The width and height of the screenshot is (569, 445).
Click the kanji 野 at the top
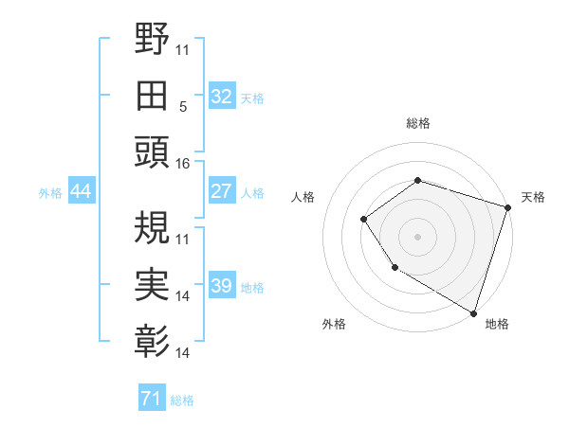153,41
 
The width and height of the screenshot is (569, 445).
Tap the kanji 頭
153,152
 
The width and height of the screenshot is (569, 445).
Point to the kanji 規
153,227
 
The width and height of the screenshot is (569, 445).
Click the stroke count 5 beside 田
182,107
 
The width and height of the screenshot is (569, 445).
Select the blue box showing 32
221,97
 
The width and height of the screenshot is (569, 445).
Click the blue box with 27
221,191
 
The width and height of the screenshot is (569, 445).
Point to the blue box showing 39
221,286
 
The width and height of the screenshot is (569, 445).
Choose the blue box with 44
81,191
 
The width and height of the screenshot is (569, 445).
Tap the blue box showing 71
151,399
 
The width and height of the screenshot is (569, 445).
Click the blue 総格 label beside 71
182,400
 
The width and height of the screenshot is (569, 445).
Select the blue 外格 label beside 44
50,193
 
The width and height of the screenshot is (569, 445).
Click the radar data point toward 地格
473,311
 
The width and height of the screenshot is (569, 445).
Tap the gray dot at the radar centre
417,236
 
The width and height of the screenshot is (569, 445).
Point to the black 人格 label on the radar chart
303,197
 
